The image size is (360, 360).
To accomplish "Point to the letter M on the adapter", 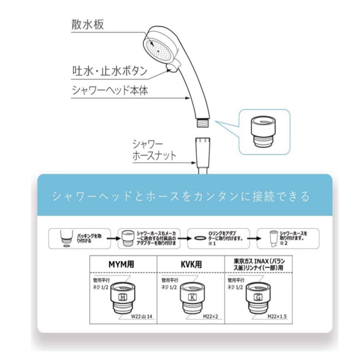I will coord(123,296).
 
